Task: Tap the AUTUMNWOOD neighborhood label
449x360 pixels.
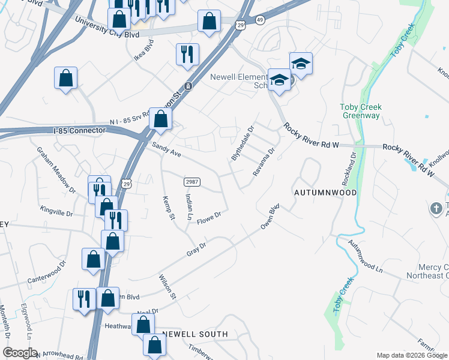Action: pyautogui.click(x=325, y=193)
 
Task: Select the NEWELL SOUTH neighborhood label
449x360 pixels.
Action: pyautogui.click(x=195, y=334)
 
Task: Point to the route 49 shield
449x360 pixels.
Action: pyautogui.click(x=259, y=20)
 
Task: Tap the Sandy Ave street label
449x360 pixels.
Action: pyautogui.click(x=166, y=149)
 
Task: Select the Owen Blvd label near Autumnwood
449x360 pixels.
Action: pyautogui.click(x=270, y=218)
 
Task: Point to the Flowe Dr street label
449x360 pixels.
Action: pyautogui.click(x=209, y=215)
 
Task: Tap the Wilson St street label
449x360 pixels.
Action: pyautogui.click(x=167, y=287)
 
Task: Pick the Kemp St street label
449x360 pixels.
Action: pyautogui.click(x=168, y=208)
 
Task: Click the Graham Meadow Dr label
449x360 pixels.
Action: pyautogui.click(x=56, y=170)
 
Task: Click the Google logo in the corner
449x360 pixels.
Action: pyautogui.click(x=20, y=353)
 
